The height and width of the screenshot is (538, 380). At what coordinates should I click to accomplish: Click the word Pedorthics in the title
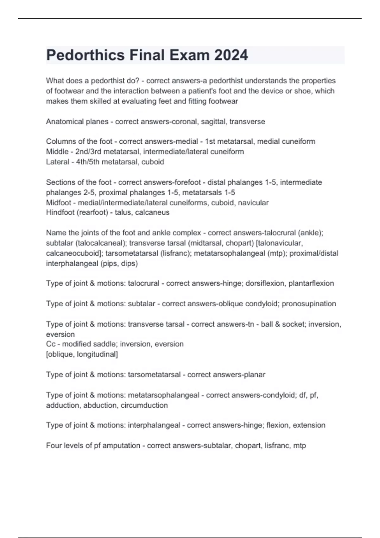tap(85, 55)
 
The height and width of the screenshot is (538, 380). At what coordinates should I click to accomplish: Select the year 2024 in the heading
tap(231, 55)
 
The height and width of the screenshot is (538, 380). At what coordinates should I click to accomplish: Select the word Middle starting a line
tap(57, 152)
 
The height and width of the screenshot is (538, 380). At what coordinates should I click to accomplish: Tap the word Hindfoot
tap(60, 212)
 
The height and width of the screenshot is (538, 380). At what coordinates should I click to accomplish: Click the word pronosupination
tap(309, 304)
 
